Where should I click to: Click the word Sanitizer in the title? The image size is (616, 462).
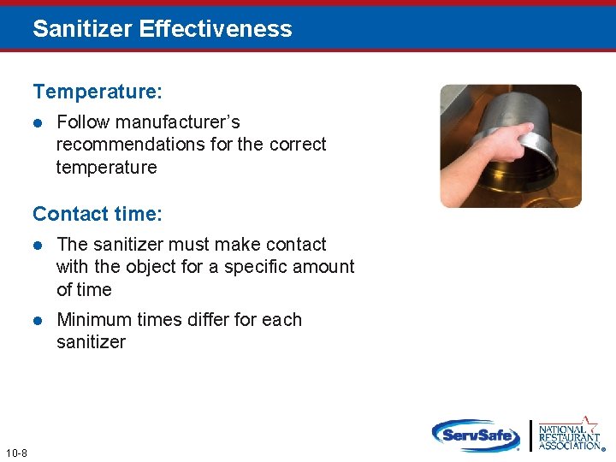click(82, 29)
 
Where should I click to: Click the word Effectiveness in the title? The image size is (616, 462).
click(216, 29)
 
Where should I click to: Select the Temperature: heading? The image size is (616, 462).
click(98, 91)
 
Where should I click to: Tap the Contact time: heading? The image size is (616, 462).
click(98, 213)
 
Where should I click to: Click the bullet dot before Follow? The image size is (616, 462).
click(38, 122)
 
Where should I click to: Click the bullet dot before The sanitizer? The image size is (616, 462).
click(38, 245)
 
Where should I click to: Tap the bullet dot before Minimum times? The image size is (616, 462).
click(38, 320)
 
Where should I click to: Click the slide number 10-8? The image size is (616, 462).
click(16, 453)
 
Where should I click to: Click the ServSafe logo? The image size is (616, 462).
click(476, 435)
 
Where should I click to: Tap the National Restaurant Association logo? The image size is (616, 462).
click(569, 435)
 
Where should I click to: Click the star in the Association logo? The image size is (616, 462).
click(590, 421)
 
